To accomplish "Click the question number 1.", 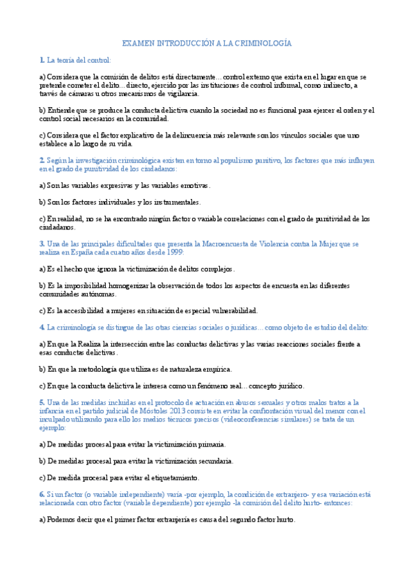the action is coord(42,60).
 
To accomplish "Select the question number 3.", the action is coord(42,244).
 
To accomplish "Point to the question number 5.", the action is coord(42,402).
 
